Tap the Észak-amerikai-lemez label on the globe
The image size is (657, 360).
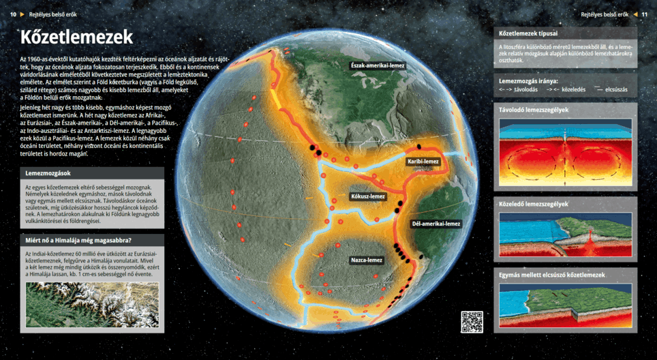coord(377,65)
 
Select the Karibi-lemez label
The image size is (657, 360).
coord(423,162)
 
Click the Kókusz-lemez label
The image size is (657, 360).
coord(368,196)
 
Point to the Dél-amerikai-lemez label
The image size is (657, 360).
coord(436,224)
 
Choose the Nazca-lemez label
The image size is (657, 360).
coord(367,260)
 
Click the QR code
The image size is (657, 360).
coord(472,322)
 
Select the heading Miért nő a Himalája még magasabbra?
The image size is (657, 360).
coord(78,240)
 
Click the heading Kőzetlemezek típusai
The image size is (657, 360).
coord(529,33)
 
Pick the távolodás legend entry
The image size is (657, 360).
coord(519,89)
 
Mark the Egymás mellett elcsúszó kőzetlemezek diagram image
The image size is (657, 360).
coord(565,305)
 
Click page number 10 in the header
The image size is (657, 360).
coord(13,14)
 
